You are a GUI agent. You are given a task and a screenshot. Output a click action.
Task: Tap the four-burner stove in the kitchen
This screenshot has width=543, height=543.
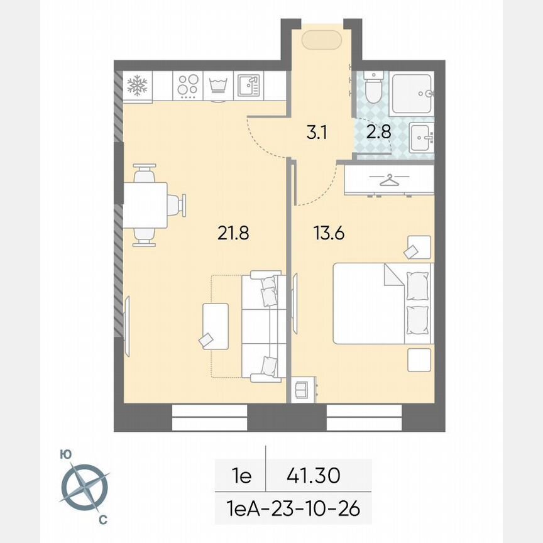188,86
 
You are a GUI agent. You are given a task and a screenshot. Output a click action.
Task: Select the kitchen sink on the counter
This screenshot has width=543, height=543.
248,86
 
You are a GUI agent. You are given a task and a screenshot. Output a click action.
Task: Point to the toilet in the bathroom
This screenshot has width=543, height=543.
373,89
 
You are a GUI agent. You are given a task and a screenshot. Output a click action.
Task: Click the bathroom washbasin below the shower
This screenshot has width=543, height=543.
421,137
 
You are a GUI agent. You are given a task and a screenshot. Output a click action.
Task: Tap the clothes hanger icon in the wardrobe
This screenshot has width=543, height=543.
390,180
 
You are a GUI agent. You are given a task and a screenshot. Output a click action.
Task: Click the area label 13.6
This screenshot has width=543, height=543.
329,233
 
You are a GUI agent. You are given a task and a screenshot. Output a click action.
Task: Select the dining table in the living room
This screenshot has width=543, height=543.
145,205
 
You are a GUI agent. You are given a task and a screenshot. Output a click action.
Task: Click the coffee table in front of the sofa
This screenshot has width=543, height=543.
216,326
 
